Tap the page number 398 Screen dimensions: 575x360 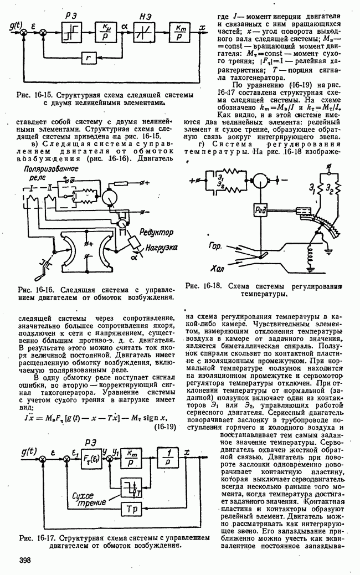(x=24, y=560)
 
